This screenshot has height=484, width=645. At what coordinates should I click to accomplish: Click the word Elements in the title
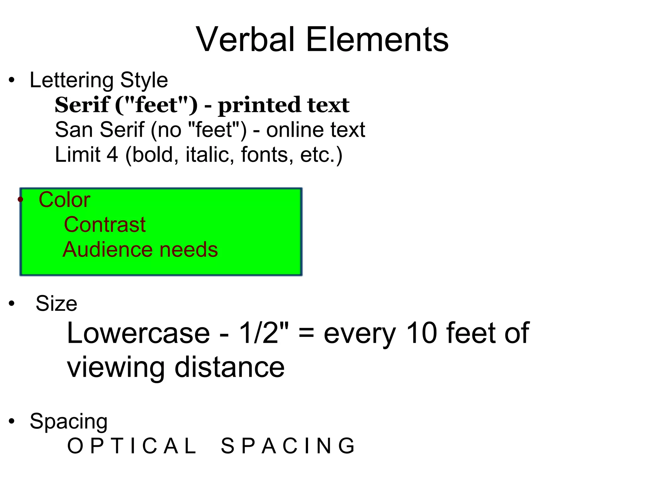377,40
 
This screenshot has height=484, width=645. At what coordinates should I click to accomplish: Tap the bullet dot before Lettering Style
12,80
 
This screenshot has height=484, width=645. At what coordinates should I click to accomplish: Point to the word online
295,130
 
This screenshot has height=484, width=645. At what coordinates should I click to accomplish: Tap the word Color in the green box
65,200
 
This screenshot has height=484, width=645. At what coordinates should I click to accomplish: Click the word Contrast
105,225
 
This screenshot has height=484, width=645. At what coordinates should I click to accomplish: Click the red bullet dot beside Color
20,199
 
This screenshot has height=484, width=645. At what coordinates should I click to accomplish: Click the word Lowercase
138,333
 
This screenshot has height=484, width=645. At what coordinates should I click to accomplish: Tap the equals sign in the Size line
306,333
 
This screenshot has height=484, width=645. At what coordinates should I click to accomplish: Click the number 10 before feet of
421,333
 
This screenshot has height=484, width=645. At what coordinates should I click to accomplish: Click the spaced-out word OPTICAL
132,446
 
